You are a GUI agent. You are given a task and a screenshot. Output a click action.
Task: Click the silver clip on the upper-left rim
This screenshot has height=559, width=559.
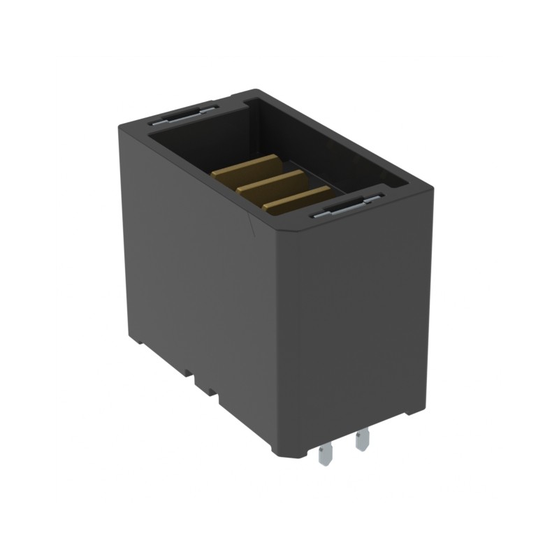coord(183,114)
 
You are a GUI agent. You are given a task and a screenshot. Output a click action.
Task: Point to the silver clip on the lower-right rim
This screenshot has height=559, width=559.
coord(346,207)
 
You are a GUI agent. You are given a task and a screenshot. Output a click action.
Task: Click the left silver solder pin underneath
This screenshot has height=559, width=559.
coord(324,455)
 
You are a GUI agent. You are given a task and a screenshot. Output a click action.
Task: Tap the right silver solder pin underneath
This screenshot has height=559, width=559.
coord(361,440)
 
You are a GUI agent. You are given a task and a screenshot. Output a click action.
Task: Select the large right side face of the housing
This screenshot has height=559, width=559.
coord(356,314)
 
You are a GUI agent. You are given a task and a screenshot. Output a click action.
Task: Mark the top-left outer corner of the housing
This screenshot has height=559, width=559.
coord(120,124)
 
